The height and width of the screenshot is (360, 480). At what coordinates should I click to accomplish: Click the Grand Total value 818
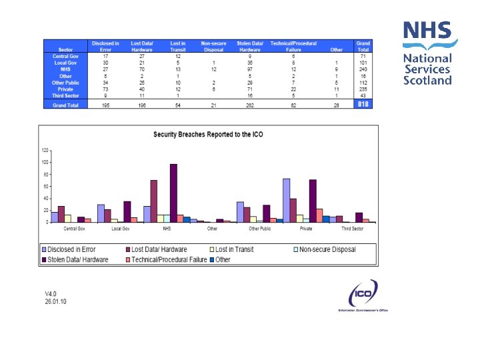[363, 105]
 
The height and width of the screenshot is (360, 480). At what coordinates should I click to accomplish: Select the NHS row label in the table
[65, 69]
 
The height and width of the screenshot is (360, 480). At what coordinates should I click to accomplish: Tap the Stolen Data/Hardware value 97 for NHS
[249, 69]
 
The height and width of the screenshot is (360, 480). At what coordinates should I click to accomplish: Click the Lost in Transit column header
[177, 46]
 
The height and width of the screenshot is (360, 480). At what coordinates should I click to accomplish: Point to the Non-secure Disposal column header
[213, 46]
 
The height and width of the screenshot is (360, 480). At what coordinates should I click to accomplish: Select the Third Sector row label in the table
[65, 95]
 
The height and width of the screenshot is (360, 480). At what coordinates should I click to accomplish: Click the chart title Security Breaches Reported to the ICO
[208, 134]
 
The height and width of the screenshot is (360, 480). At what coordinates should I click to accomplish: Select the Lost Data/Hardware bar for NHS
[153, 201]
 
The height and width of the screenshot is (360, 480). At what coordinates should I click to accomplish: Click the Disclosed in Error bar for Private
[286, 200]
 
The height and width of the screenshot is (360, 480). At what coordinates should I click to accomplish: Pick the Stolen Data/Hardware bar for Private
[313, 201]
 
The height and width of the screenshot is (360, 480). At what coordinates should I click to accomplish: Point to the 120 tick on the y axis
[45, 150]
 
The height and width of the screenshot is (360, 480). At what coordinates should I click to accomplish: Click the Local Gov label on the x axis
[121, 229]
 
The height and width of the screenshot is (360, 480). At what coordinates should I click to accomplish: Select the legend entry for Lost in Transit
[233, 249]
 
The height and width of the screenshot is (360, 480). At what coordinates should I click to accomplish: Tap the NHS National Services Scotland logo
[427, 53]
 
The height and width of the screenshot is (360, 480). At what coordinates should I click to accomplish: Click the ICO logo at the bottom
[363, 295]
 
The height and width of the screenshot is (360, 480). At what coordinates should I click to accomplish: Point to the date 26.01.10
[56, 301]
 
